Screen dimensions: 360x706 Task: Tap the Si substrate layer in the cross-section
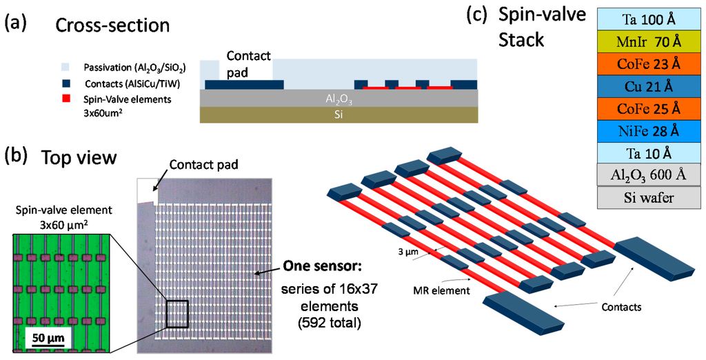tap(338, 115)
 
